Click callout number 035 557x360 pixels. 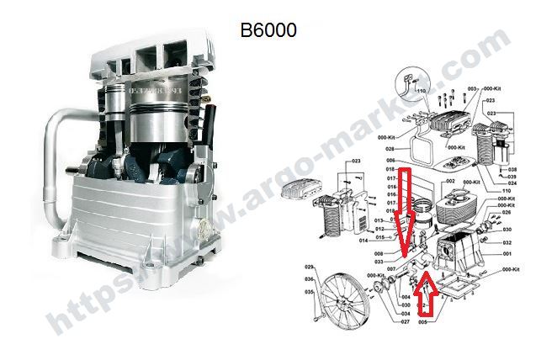coord(309,292)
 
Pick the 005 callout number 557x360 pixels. coord(423,321)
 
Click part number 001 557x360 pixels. coord(507,253)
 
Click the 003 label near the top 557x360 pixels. coord(473,88)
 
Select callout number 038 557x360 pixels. coord(512,168)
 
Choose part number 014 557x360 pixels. coord(363,241)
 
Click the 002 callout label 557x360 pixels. coord(450,181)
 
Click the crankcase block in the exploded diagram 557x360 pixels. coord(459,253)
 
